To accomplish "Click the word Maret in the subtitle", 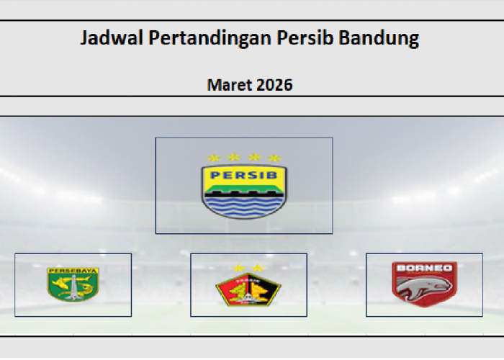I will coord(228,85).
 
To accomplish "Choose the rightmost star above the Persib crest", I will coord(274,158).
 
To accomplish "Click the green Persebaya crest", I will coord(73,285).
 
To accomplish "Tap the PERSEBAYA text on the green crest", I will coord(73,271).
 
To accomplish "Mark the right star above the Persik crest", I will coord(257,269).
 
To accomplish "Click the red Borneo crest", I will coord(423,284).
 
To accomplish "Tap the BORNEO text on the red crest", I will coord(423,269).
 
